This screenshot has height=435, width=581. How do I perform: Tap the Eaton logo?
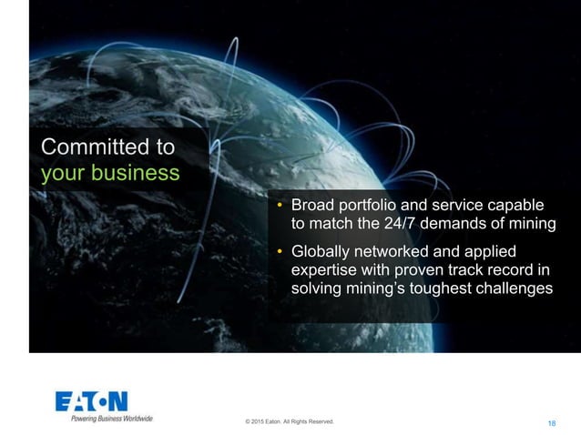92,402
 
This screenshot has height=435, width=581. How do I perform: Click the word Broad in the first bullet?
312,204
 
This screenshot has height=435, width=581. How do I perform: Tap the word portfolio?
372,204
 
